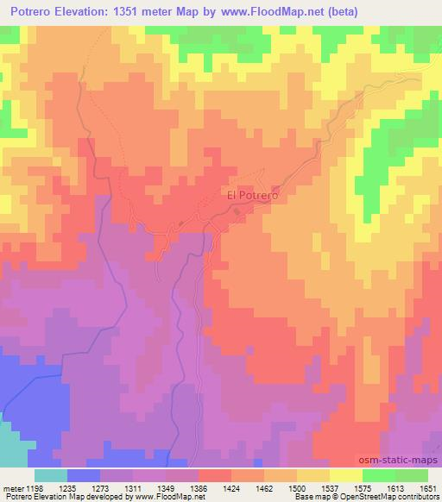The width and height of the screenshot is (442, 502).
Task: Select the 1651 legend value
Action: tap(427, 486)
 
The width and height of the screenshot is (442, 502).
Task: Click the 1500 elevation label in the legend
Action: tap(297, 486)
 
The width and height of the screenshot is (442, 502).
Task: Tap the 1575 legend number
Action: tap(362, 486)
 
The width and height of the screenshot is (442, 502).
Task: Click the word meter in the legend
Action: tap(13, 486)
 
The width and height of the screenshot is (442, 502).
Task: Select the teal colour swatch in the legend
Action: tap(50, 475)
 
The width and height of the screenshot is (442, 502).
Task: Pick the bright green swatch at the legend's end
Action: tap(412, 475)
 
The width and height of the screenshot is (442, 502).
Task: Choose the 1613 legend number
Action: tap(395, 486)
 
